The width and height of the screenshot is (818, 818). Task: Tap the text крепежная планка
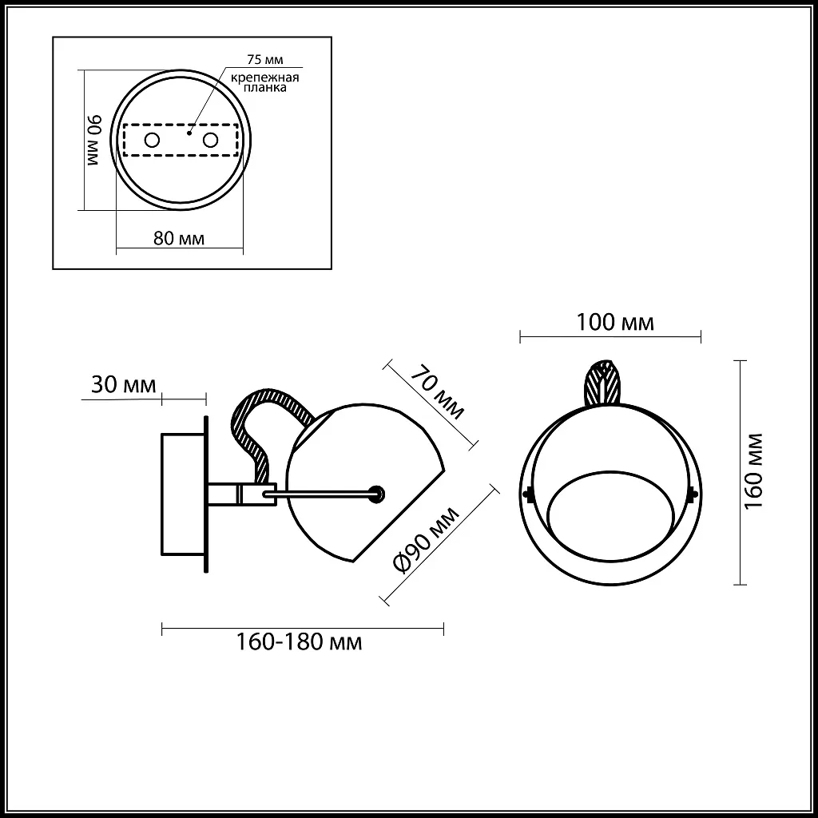[265, 83]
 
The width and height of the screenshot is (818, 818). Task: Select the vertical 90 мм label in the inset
[94, 140]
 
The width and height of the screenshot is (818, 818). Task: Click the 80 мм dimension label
[177, 239]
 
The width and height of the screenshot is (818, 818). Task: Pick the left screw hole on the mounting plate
[151, 141]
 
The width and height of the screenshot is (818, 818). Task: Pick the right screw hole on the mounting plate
[211, 141]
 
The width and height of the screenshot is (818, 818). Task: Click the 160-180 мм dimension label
[299, 641]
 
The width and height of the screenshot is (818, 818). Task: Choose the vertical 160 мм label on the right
[756, 471]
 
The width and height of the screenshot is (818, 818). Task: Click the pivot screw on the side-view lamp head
[377, 494]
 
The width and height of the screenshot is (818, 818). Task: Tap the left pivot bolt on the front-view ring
[527, 494]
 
